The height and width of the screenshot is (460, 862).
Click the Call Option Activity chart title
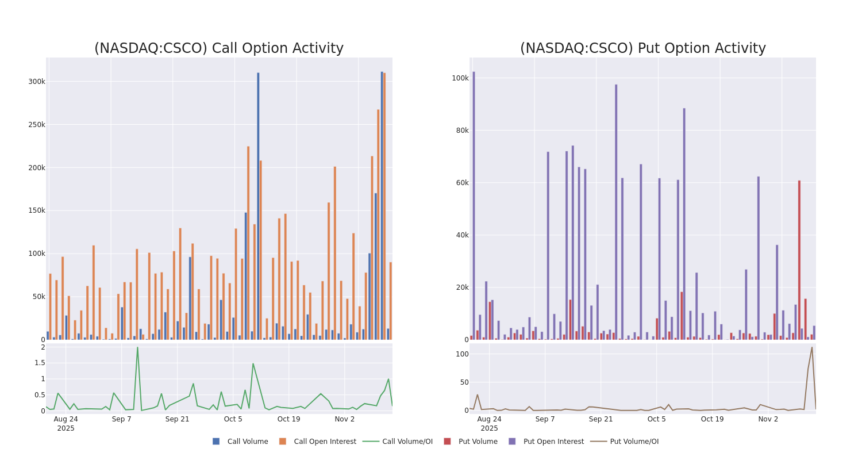218,48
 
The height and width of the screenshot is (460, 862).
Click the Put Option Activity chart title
642,48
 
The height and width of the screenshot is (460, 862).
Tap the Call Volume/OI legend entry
398,442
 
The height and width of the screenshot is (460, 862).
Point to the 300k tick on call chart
36,82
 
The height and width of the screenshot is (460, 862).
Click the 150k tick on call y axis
36,210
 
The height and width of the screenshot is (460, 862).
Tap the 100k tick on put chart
460,78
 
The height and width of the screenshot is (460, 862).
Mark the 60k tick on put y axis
462,183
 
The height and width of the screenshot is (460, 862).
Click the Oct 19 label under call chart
288,419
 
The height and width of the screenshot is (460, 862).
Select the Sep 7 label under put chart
545,419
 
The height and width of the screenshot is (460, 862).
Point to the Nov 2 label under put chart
768,419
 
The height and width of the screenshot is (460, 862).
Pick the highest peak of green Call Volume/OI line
137,347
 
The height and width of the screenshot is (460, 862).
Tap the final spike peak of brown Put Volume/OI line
811,347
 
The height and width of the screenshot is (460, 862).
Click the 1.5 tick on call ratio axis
40,363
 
